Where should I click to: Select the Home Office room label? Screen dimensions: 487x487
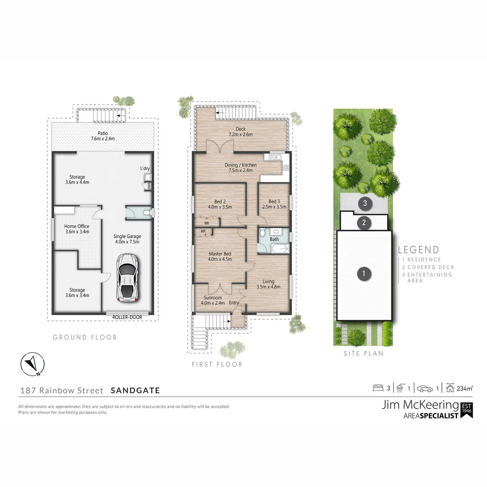pyautogui.click(x=77, y=229)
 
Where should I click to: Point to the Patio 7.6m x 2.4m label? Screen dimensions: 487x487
pyautogui.click(x=102, y=136)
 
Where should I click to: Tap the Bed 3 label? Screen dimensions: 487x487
pyautogui.click(x=274, y=204)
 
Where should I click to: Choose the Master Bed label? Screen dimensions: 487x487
pyautogui.click(x=220, y=256)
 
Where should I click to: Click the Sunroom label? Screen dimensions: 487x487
pyautogui.click(x=212, y=300)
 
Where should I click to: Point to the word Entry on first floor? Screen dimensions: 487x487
pyautogui.click(x=234, y=303)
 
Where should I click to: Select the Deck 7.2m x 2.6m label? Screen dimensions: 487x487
pyautogui.click(x=240, y=132)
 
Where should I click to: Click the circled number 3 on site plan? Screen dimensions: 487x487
pyautogui.click(x=365, y=203)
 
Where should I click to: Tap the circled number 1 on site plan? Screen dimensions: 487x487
pyautogui.click(x=363, y=273)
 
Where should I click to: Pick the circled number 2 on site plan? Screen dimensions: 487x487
pyautogui.click(x=363, y=222)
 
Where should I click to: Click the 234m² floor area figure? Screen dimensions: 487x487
pyautogui.click(x=465, y=387)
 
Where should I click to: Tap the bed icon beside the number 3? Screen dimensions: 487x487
pyautogui.click(x=378, y=388)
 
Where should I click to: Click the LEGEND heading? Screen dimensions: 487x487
pyautogui.click(x=418, y=250)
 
